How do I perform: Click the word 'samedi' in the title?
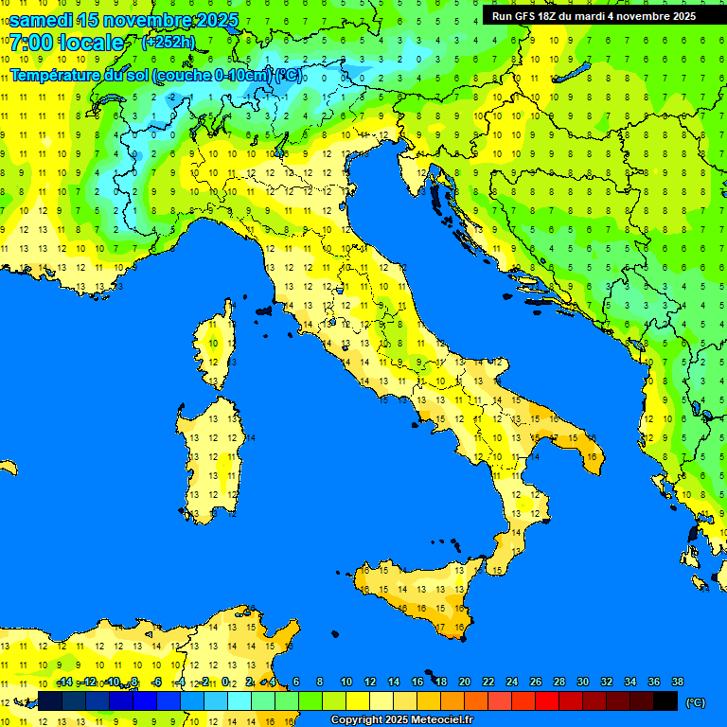[43, 20]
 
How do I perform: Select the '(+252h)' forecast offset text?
[168, 43]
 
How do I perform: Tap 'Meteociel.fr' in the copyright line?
[437, 720]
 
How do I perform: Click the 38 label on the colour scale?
[677, 683]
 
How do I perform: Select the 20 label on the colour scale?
[464, 683]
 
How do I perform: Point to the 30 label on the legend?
[582, 683]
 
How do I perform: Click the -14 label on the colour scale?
[65, 683]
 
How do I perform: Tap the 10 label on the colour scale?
[346, 683]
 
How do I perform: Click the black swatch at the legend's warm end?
[665, 700]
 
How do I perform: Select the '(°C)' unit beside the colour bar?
[695, 702]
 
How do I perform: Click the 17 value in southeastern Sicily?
[440, 628]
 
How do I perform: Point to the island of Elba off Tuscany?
[264, 310]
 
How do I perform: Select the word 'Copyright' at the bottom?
[358, 720]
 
